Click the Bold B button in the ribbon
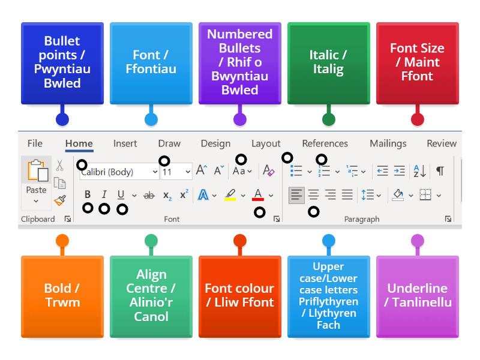pos(88,194)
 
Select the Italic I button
pos(104,194)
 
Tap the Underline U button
pos(121,194)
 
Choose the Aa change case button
pos(241,171)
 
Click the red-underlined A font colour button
pos(258,194)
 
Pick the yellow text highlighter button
pos(230,194)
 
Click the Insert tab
pos(125,143)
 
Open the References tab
pos(325,143)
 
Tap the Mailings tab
pos(388,143)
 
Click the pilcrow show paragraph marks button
pos(440,171)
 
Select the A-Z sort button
pos(419,171)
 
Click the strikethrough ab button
pos(149,195)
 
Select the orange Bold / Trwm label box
pos(62,295)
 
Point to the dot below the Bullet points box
pos(62,119)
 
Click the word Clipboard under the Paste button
pos(38,219)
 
